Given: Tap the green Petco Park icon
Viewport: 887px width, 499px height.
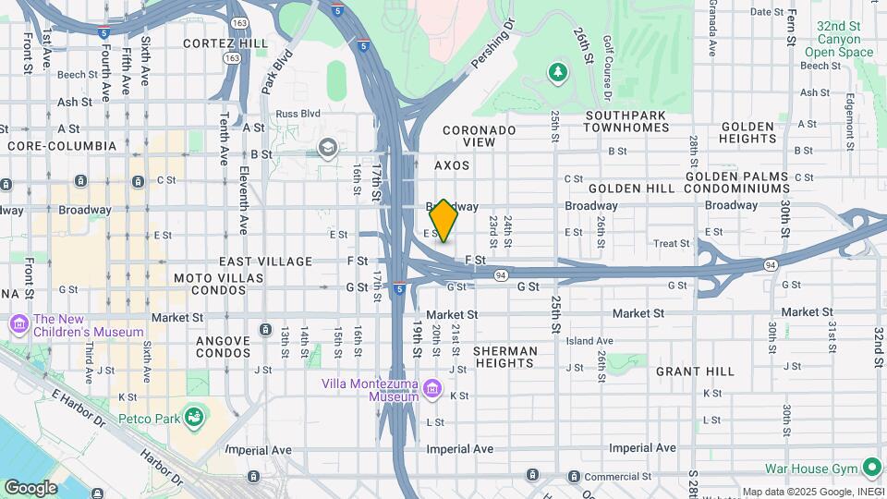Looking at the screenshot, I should (193, 418).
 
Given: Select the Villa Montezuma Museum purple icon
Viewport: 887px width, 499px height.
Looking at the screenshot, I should (431, 390).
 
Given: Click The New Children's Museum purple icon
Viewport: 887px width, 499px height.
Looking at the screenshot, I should (19, 324).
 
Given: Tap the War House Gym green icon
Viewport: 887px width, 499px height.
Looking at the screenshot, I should (870, 469).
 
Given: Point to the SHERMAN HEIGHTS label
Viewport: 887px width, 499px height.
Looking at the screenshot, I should (504, 358).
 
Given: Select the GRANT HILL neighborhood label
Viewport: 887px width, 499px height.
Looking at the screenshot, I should (695, 371).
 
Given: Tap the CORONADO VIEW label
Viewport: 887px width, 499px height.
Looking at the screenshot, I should (480, 136).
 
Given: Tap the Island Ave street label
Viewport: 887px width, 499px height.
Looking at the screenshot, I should (589, 340).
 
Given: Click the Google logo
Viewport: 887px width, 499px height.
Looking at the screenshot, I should (30, 488).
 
